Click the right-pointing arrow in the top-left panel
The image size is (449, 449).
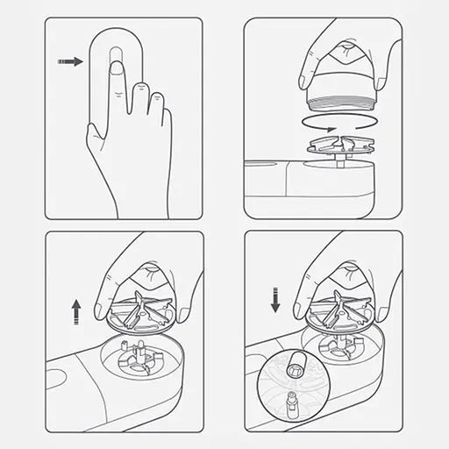coord(70,62)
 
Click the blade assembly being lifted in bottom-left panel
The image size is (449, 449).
coord(139,310)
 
